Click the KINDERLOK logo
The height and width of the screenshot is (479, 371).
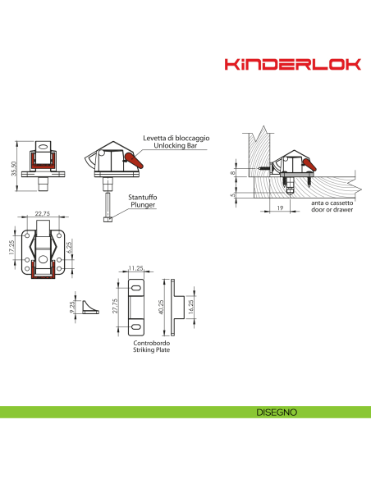[293, 64]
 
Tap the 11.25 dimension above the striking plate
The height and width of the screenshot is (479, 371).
[136, 267]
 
